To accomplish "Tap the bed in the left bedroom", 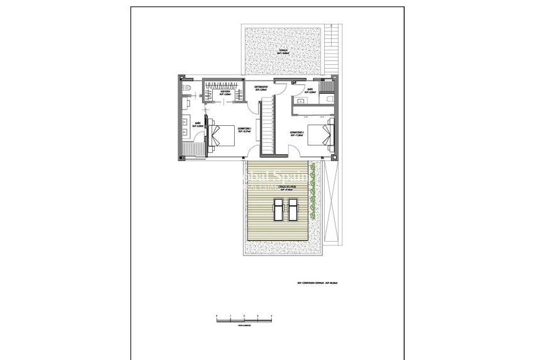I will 222,135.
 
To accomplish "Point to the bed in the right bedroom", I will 320,135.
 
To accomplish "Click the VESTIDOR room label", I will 225,93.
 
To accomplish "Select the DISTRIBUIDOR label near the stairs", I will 261,88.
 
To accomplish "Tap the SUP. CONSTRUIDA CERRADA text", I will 322,283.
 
